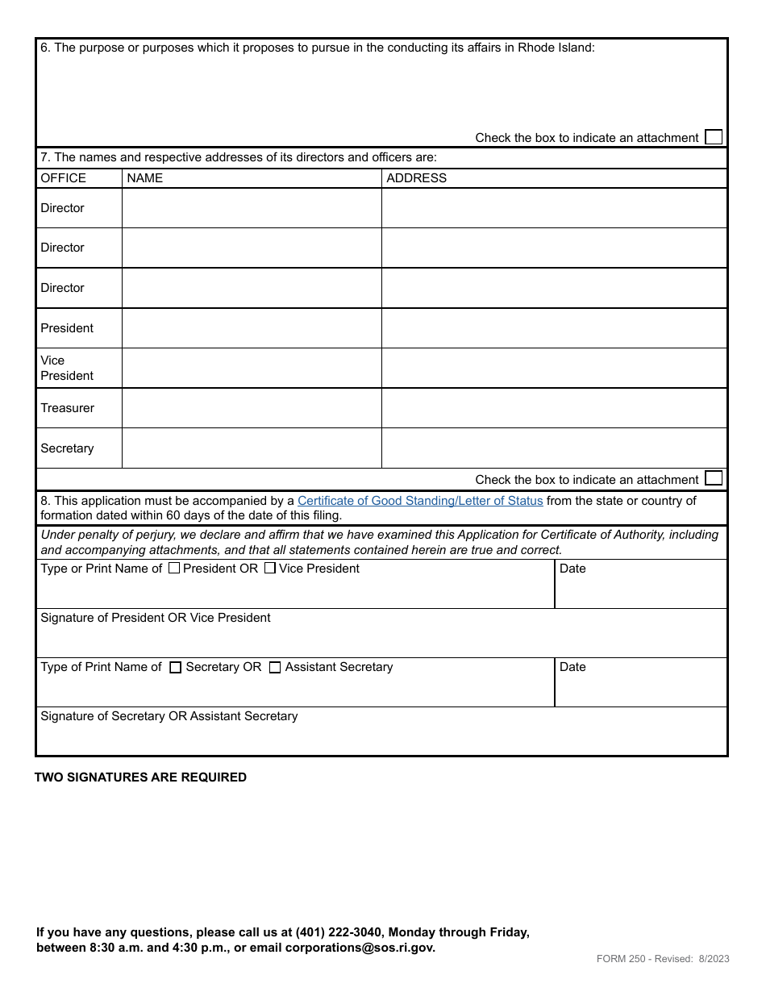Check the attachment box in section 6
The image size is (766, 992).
coord(713,137)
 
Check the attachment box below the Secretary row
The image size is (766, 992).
coord(713,478)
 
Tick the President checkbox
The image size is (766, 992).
coord(174,568)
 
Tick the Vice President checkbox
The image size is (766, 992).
coord(270,568)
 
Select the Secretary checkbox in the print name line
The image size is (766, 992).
coord(176,668)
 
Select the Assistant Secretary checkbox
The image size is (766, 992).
coord(275,668)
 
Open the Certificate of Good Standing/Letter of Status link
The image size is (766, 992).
coord(420,501)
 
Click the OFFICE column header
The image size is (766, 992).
coord(63,178)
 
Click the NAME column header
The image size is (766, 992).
coord(145,178)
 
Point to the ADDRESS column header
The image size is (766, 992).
coord(416,178)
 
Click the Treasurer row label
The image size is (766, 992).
coord(68,408)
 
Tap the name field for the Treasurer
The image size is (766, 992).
coord(252,408)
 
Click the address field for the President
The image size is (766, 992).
coord(554,328)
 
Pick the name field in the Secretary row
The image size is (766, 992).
coord(252,448)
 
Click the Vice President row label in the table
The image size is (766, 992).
coord(67,368)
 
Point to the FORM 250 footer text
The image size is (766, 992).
coord(663,959)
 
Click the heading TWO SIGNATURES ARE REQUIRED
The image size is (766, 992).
coord(140,777)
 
